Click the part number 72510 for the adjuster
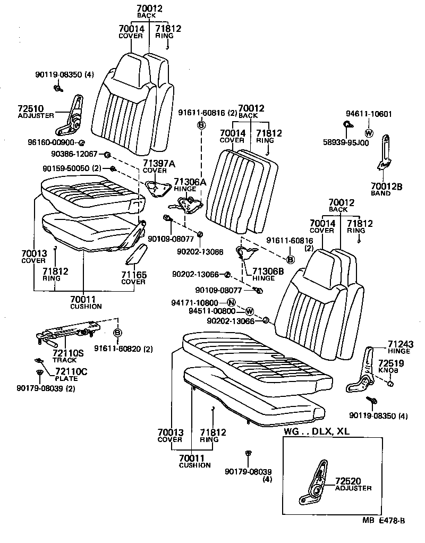click(x=31, y=108)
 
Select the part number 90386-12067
click(x=74, y=154)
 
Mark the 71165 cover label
click(x=133, y=275)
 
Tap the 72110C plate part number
click(x=72, y=371)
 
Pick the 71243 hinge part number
click(x=400, y=344)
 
